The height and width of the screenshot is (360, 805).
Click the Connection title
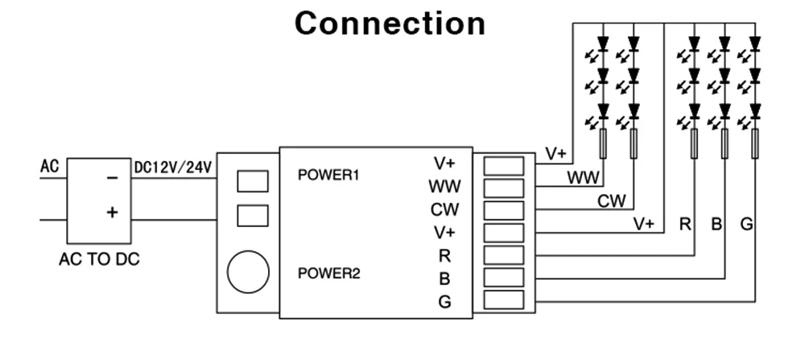click(x=390, y=23)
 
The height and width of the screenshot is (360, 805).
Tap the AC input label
click(x=50, y=167)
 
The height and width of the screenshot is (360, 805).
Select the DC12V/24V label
click(x=173, y=168)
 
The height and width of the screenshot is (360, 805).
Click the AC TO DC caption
click(x=99, y=259)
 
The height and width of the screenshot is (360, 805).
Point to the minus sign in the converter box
click(x=112, y=178)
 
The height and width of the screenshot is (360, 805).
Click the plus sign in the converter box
click(x=112, y=212)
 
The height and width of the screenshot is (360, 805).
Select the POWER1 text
click(x=328, y=175)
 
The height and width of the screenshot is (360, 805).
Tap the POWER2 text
click(x=328, y=274)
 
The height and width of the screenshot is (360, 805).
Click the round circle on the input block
click(x=248, y=271)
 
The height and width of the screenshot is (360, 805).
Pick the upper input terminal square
click(x=253, y=181)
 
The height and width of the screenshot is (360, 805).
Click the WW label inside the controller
click(x=444, y=186)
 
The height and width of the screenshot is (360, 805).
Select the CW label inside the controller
click(x=444, y=209)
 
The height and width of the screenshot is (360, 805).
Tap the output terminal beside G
click(x=504, y=300)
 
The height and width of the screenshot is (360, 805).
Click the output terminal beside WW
click(x=504, y=188)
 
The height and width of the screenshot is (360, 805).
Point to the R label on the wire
click(x=685, y=224)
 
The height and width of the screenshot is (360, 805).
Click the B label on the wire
click(x=716, y=224)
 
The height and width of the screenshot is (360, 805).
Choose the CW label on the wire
click(x=612, y=201)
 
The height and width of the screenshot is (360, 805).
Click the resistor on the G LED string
click(x=755, y=144)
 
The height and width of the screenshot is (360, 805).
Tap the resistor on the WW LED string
click(x=603, y=144)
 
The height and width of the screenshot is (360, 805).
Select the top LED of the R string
click(x=694, y=44)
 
